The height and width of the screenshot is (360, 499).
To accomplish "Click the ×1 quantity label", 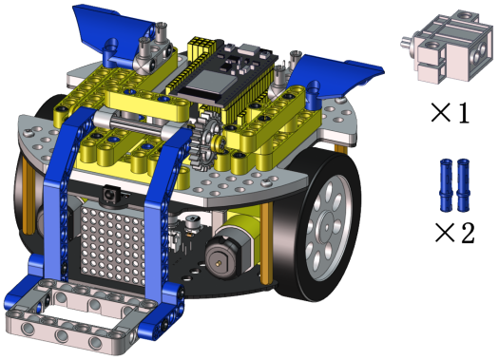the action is tap(450, 112).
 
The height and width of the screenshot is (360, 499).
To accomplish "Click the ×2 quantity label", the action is tap(454, 233).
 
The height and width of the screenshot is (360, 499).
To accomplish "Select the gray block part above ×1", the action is tap(447, 47).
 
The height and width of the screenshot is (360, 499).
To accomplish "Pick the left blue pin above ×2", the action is tap(446, 185).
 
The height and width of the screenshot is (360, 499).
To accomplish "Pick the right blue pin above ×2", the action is tap(464, 185).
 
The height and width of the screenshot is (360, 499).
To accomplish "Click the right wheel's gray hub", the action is tap(326, 226).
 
